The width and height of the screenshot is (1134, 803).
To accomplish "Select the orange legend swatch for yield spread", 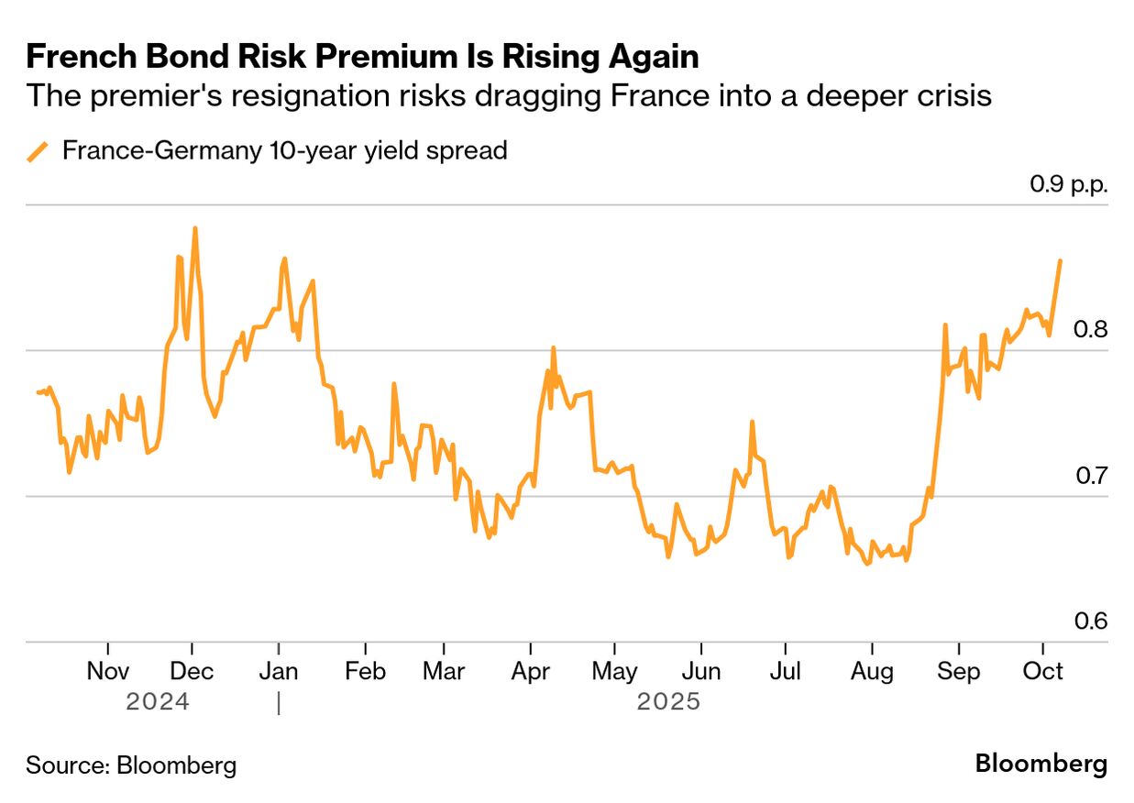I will [38, 151].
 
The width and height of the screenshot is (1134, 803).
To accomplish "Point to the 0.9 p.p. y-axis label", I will [1069, 184].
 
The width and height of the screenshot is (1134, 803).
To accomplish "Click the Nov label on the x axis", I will [108, 672].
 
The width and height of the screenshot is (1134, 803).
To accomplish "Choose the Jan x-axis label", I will [278, 672].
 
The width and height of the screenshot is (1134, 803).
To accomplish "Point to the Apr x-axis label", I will [530, 672].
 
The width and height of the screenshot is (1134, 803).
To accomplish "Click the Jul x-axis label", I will [785, 672].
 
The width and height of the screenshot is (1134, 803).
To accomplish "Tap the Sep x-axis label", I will [958, 672].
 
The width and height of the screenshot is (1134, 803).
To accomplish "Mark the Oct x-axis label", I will [1042, 672].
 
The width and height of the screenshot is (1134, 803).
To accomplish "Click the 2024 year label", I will [158, 702].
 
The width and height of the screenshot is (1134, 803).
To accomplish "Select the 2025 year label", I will [668, 702].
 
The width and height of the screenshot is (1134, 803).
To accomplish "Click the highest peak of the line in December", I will [194, 228].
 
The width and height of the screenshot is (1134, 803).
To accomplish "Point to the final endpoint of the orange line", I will [1061, 261].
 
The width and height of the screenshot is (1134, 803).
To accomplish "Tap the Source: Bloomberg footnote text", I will [131, 765].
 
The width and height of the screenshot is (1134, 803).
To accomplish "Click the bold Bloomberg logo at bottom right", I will [1040, 764].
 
